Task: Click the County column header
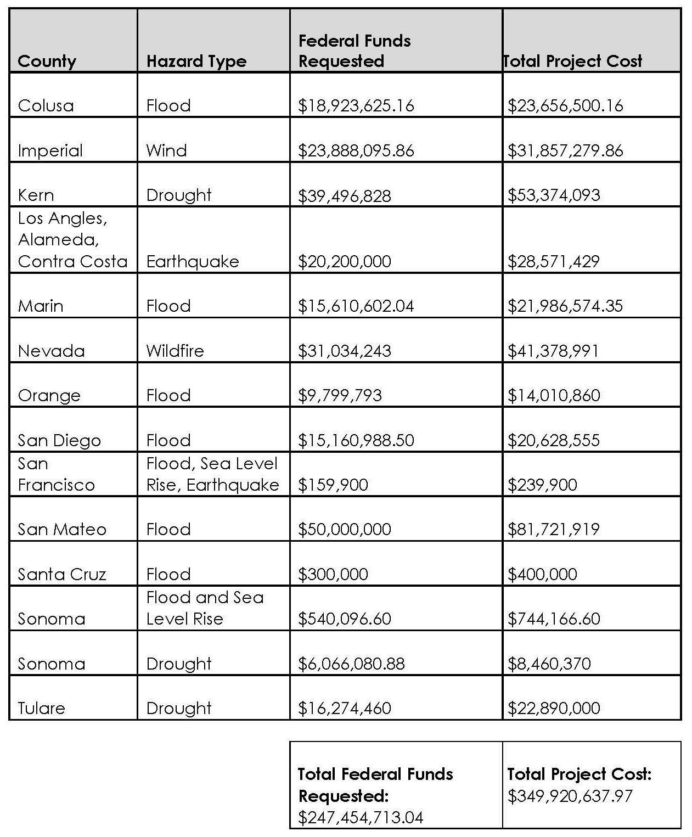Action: [x=47, y=61]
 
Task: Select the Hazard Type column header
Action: [x=196, y=61]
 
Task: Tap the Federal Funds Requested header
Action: [x=354, y=50]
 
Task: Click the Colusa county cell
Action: [x=46, y=105]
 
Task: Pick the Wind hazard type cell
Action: [x=166, y=150]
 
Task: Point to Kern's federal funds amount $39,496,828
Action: [x=344, y=195]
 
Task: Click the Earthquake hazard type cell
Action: [x=193, y=261]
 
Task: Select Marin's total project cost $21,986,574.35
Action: [x=565, y=306]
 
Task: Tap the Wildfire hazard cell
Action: [x=175, y=351]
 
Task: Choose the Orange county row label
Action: [x=49, y=395]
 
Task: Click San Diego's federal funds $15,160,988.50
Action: [x=356, y=440]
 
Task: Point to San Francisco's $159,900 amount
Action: [x=333, y=485]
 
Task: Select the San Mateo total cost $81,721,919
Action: [x=553, y=529]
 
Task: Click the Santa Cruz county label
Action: [x=61, y=574]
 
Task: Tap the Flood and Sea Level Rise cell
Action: [x=205, y=608]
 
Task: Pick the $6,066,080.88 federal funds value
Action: [x=351, y=664]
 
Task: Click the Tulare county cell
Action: [x=41, y=708]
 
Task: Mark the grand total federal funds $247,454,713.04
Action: [x=361, y=818]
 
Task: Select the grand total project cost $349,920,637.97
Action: [x=570, y=796]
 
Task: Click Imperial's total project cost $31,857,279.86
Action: [x=565, y=150]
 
